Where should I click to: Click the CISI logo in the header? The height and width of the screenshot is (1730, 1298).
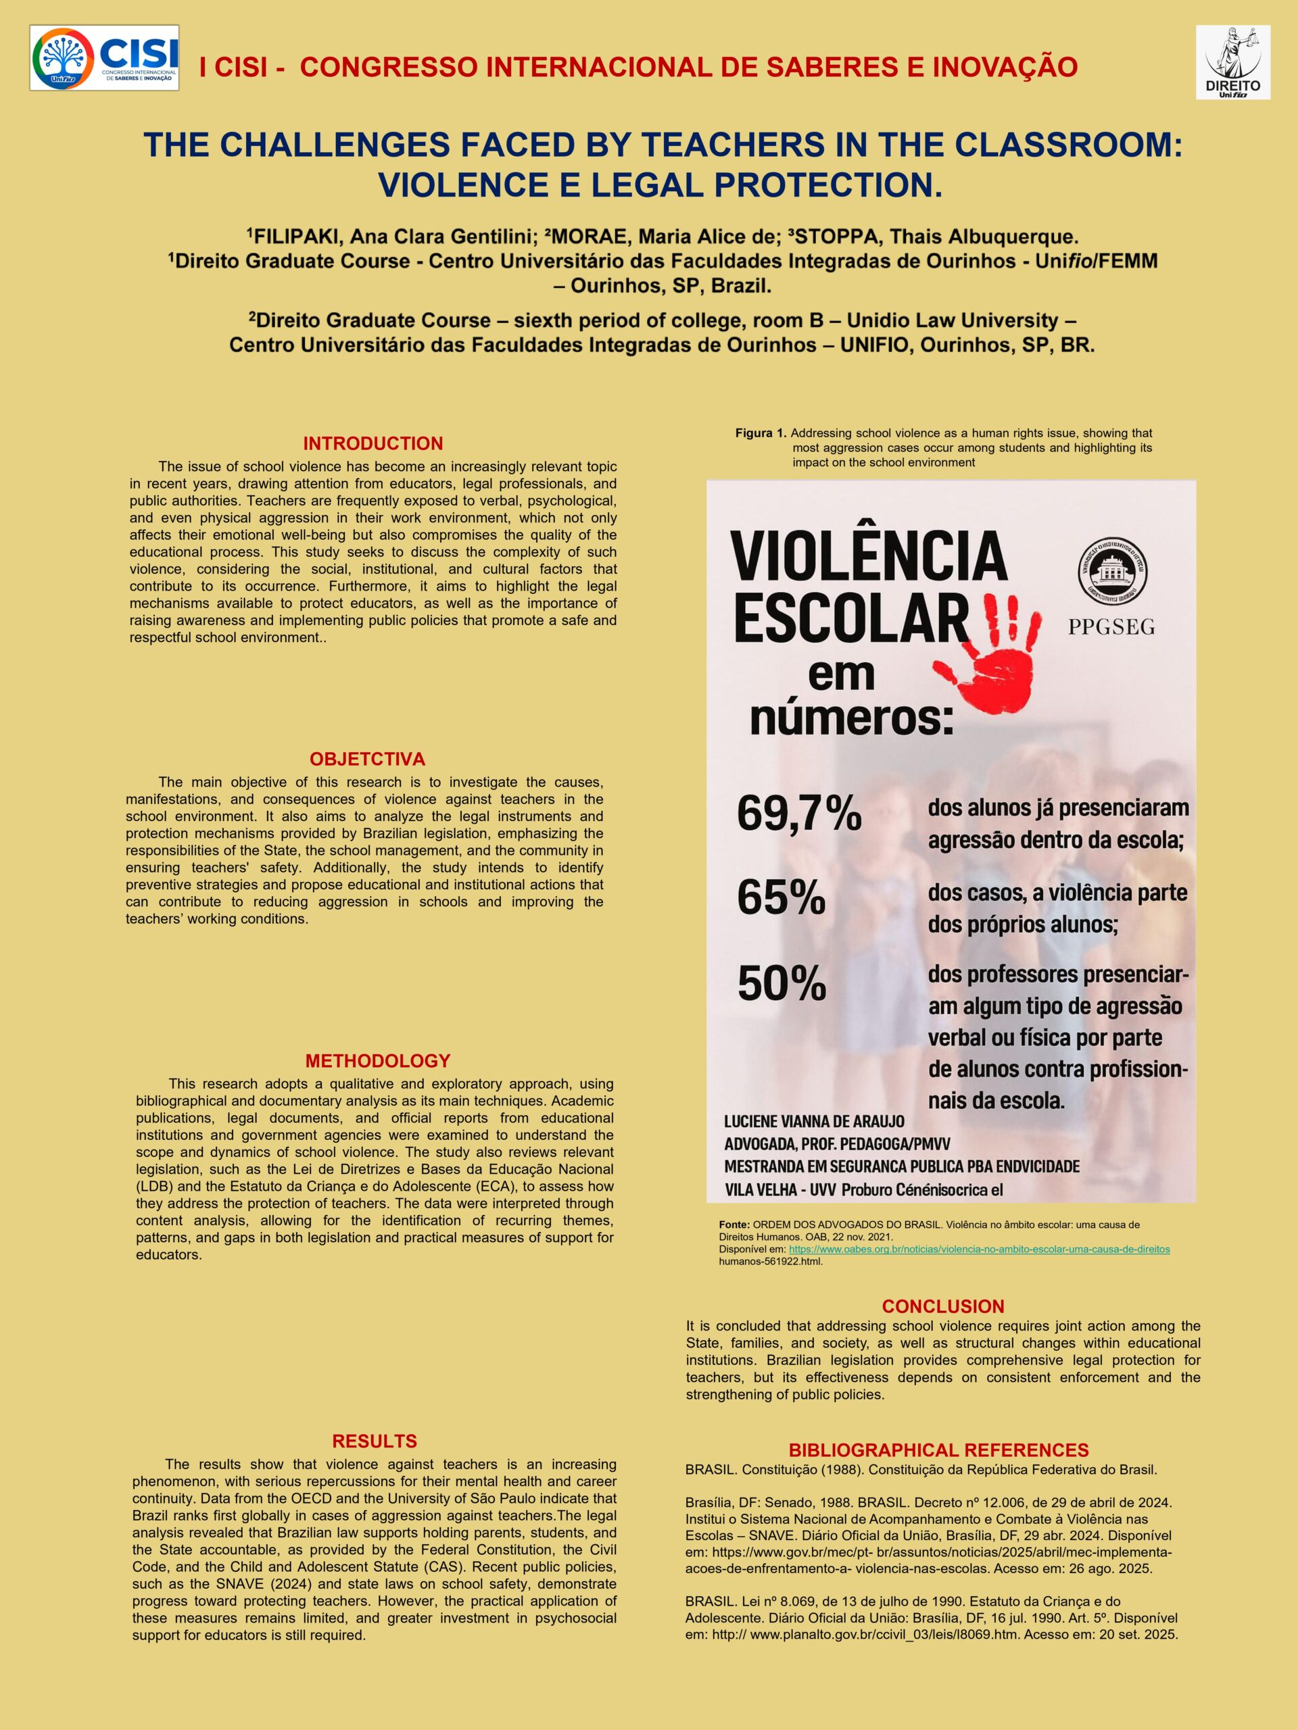(104, 58)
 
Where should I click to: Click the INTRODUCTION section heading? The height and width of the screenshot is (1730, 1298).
(373, 443)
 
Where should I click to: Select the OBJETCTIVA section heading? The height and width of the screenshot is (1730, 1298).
(367, 759)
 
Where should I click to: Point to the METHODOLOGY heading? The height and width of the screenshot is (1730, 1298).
(378, 1060)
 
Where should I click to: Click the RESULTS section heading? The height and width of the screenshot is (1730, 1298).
(375, 1441)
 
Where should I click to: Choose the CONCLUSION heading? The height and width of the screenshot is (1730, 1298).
(943, 1306)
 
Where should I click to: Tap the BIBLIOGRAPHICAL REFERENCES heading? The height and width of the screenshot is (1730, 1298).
(938, 1450)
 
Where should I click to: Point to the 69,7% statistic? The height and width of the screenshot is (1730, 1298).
(799, 814)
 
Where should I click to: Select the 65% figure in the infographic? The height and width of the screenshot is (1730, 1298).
(781, 898)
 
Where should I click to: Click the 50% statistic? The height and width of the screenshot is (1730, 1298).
(782, 983)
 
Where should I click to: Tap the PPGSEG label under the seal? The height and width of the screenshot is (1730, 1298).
(1111, 627)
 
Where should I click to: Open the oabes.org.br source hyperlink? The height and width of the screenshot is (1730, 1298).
(979, 1249)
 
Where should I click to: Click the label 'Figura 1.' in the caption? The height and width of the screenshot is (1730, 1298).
(761, 433)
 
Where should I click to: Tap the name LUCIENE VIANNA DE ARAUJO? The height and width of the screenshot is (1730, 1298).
(814, 1122)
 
